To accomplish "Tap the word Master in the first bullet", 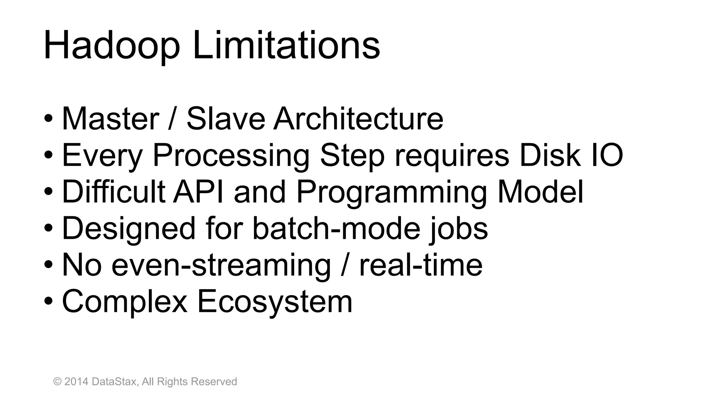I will point(111,119).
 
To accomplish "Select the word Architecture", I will point(358,119).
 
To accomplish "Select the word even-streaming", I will point(221,266).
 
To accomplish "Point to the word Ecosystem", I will point(275,302).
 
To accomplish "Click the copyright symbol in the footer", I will point(57,382).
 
